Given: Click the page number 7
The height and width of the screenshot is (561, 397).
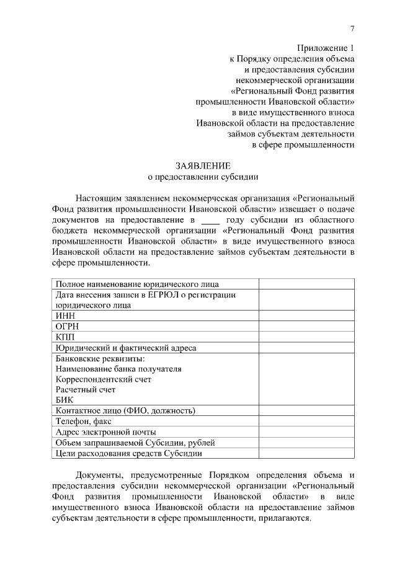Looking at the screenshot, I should coord(352,29).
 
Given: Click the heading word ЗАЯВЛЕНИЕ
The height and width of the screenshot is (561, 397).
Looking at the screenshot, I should coord(202,166).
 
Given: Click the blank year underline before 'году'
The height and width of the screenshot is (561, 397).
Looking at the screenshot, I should coord(211,220).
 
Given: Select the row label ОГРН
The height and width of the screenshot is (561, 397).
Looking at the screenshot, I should coord(68,326).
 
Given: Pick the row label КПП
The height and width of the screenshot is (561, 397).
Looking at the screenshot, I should coord(66,337).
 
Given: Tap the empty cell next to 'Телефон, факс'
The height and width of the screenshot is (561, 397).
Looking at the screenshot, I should coord(307,421).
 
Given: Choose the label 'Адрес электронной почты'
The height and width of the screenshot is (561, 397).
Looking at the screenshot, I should coord(105,431).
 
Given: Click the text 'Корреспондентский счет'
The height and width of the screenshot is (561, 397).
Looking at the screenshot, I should coord(104,379).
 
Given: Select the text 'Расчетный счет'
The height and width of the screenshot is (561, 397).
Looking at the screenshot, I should coord(86,389).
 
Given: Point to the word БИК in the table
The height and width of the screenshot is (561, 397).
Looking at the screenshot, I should coord(65,400).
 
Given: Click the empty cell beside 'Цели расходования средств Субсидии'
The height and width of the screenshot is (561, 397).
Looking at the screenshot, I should coord(307,453).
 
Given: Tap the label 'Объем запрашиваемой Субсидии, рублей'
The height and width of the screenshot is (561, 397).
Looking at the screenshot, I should coord(135,442).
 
